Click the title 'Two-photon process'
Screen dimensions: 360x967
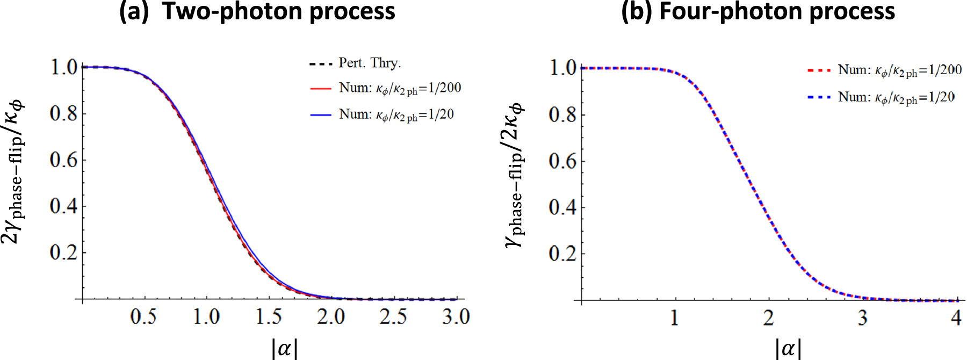coord(278,11)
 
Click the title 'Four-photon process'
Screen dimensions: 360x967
coord(777,11)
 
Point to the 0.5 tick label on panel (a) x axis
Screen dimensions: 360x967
coord(143,316)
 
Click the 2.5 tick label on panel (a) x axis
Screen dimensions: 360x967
coord(393,316)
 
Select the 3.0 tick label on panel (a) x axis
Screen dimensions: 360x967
coord(456,316)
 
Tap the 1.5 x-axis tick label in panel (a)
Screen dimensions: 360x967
coord(268,316)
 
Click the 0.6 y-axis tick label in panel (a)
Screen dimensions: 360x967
coord(63,160)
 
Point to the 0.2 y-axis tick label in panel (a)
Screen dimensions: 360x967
coord(63,252)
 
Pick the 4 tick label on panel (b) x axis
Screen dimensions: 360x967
coord(956,318)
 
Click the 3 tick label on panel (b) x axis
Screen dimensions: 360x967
coord(862,318)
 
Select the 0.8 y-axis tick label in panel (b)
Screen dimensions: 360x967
coord(562,114)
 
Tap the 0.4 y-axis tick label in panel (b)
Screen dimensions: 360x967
coord(562,207)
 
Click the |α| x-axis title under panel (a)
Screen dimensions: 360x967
coord(284,348)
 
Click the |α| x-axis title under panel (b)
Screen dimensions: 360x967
coord(788,348)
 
